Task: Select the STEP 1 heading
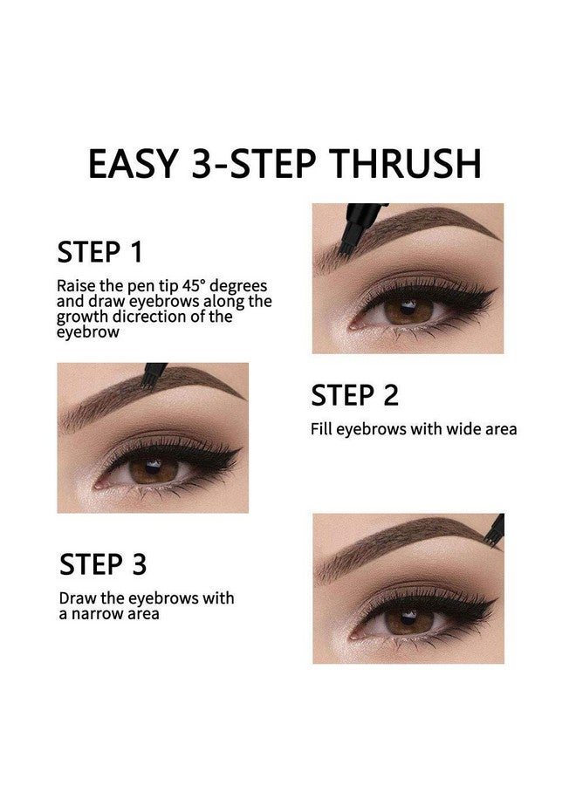pos(99,252)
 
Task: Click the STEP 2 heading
pos(354,395)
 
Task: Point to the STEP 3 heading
pos(103,563)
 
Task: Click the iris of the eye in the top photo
pos(403,310)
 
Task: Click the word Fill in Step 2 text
pos(323,429)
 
